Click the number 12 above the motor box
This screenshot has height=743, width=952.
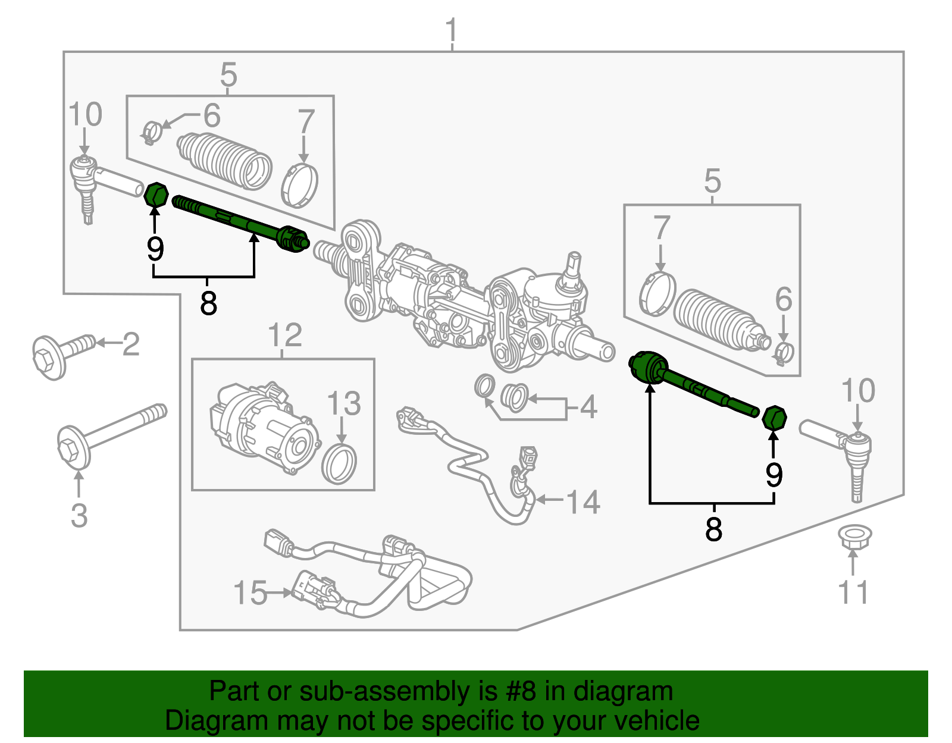pyautogui.click(x=285, y=336)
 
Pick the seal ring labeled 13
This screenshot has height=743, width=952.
pyautogui.click(x=340, y=463)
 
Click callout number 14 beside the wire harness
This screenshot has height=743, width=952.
pyautogui.click(x=583, y=502)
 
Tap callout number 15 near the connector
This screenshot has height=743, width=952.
pyautogui.click(x=250, y=593)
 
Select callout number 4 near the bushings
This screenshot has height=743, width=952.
pyautogui.click(x=588, y=407)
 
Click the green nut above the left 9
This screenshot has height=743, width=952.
pyautogui.click(x=156, y=195)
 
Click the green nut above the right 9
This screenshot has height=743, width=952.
pyautogui.click(x=775, y=418)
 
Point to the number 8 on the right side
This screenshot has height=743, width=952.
pyautogui.click(x=713, y=529)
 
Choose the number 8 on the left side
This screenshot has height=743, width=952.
pyautogui.click(x=208, y=303)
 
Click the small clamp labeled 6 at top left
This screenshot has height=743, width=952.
pyautogui.click(x=152, y=131)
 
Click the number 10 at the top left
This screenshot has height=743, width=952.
pyautogui.click(x=85, y=114)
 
